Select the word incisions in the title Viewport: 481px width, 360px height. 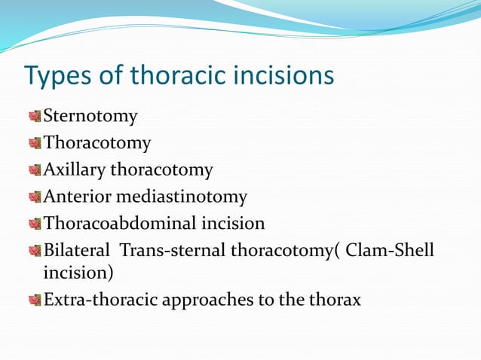(283, 77)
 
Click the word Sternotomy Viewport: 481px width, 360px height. (90, 117)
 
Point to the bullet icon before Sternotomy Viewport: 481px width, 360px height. (34, 117)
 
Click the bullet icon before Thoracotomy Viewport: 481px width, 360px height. (34, 144)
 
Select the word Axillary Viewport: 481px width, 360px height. (75, 170)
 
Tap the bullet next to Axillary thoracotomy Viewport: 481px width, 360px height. (34, 171)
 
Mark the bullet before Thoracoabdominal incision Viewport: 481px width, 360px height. (34, 224)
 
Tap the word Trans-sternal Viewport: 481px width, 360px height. (173, 250)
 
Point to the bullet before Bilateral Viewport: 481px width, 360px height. (34, 251)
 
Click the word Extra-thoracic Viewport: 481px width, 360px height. (96, 300)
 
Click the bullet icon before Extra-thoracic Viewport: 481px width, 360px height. (34, 301)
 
